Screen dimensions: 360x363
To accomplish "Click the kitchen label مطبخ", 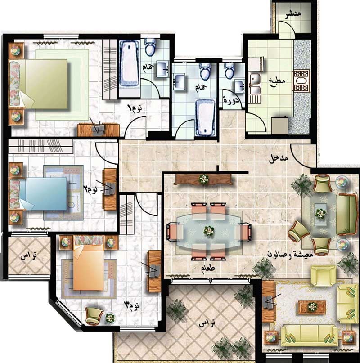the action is tap(277, 82).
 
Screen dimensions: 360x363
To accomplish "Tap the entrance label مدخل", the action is tap(278, 159).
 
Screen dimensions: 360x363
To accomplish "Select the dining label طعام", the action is tap(207, 269).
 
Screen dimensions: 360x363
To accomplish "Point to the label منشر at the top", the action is tap(293, 14).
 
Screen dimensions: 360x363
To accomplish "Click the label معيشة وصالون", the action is tap(290, 254).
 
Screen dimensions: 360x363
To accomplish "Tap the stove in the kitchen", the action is tap(301, 81).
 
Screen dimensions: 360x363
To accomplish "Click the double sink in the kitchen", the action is tap(255, 83).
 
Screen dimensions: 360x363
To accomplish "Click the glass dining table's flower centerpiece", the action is tap(209, 231).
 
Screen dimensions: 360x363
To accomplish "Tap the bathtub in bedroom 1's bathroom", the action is tap(130, 63).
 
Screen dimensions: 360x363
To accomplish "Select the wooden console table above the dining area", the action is tap(203, 179).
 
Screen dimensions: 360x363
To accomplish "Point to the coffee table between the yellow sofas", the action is tap(312, 307).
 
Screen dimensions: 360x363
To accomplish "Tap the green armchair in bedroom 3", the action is tap(94, 316).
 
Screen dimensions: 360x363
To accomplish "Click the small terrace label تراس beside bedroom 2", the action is tap(28, 256).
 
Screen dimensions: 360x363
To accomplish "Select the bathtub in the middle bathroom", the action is tap(206, 117).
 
